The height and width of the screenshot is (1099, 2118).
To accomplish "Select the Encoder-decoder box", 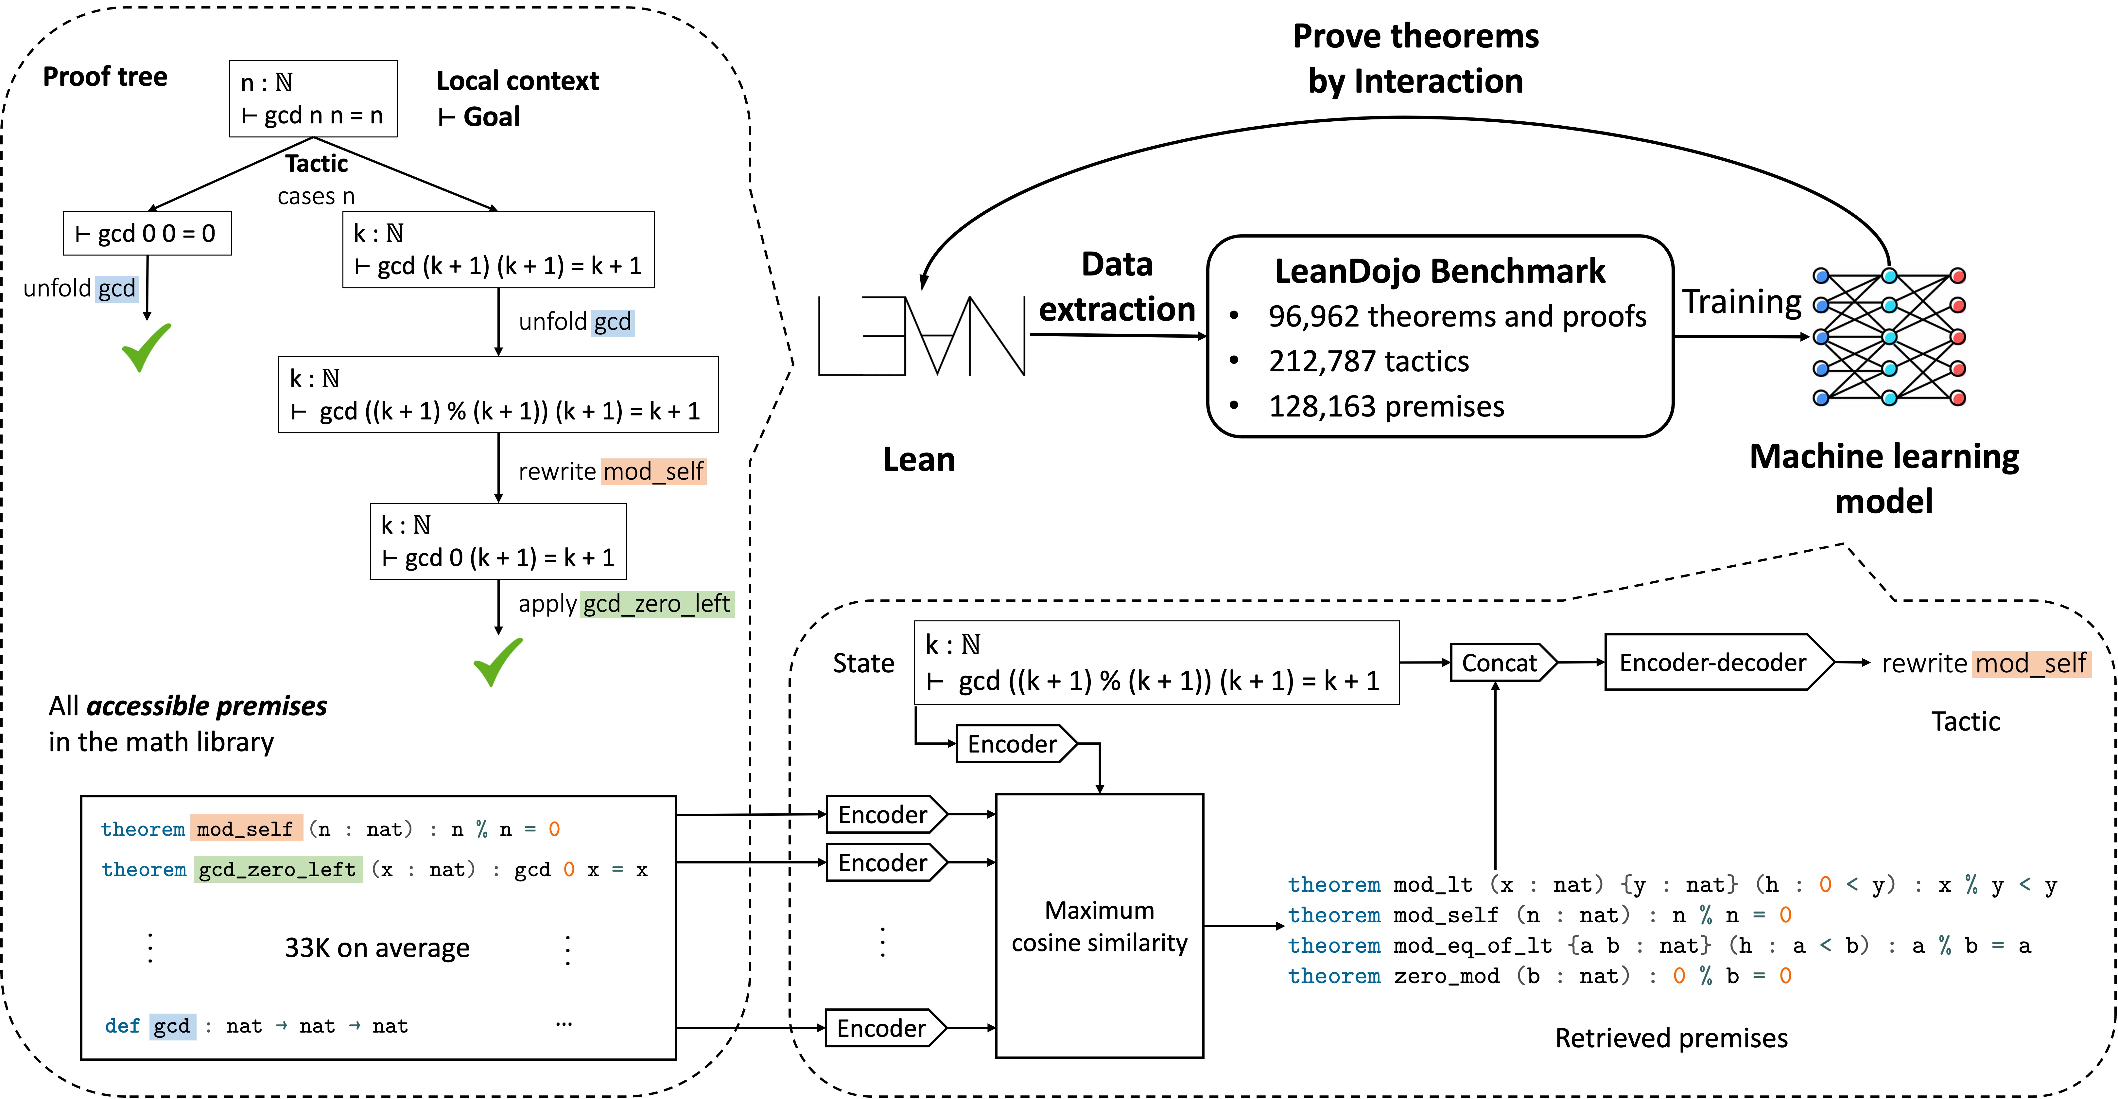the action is point(1718,662).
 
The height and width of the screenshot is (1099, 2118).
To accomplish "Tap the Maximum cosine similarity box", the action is point(1099,925).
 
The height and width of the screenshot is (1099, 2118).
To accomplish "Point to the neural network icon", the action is point(1889,336).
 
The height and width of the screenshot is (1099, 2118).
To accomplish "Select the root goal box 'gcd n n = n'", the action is point(313,99).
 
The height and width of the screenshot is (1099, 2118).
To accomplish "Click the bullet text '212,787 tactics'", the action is point(1368,361).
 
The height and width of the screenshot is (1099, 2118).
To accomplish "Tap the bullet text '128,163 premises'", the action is point(1386,406).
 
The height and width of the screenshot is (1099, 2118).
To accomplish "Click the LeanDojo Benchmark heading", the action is point(1440,271).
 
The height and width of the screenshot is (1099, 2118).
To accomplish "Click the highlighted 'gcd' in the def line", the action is point(172,1026).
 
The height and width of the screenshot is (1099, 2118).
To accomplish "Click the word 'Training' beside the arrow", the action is point(1742,302).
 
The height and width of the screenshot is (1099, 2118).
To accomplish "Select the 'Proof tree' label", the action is point(105,77).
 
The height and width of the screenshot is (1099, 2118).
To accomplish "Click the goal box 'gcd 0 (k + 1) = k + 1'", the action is point(498,541).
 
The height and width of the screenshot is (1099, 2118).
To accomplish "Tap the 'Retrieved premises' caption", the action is point(1671,1038).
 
